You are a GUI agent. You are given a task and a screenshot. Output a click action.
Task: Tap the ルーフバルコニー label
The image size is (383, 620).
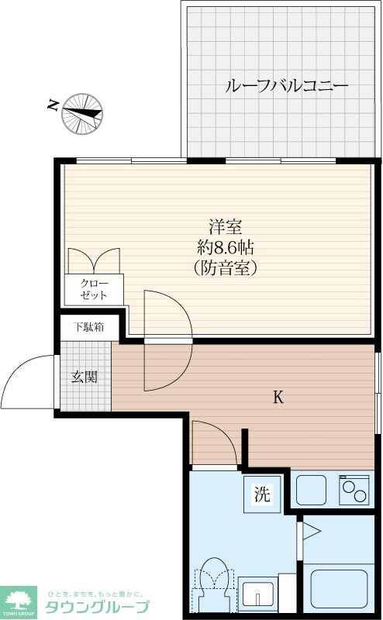tap(286, 85)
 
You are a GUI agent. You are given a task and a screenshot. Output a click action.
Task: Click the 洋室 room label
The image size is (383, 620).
tap(226, 228)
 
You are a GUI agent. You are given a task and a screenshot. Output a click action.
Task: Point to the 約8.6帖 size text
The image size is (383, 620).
tap(226, 249)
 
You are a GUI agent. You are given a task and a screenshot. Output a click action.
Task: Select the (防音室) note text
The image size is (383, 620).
tap(226, 269)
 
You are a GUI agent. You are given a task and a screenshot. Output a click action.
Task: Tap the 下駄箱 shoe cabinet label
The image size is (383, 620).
tap(89, 327)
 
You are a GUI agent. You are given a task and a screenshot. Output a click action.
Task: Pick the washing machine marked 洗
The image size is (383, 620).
tap(263, 494)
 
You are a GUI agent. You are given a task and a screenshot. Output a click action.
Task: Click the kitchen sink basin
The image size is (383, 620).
tap(312, 489)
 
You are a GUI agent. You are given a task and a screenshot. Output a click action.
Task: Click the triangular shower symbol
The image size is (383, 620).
tap(311, 531)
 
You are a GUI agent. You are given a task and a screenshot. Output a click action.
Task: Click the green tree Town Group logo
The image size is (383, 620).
tap(19, 601)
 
